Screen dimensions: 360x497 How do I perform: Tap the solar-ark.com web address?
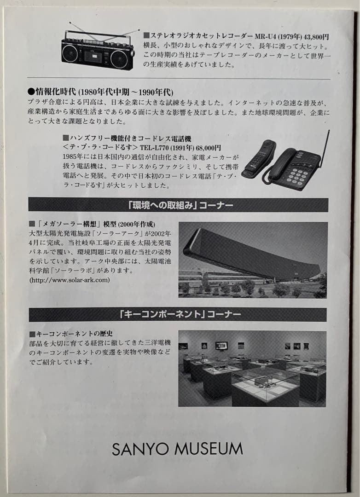(x=70, y=280)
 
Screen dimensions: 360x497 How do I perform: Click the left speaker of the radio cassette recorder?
(x=70, y=53)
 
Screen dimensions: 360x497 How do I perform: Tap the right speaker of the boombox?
(x=119, y=59)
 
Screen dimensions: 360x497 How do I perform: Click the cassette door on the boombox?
(x=93, y=57)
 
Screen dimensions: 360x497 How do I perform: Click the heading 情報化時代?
(x=55, y=92)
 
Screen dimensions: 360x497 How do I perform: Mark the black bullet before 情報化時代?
(x=31, y=92)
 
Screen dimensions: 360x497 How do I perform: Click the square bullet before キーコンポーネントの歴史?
(x=32, y=334)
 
